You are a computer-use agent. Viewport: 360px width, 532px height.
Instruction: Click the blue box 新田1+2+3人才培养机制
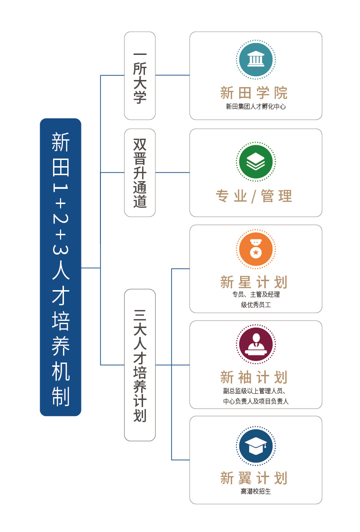click(x=61, y=267)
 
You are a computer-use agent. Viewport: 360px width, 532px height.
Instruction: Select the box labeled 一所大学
click(x=140, y=76)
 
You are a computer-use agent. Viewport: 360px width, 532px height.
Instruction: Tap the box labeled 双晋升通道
click(x=140, y=173)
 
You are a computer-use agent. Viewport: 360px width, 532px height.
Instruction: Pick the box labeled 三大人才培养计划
click(x=140, y=365)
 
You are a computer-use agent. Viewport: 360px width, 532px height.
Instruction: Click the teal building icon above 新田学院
click(x=256, y=60)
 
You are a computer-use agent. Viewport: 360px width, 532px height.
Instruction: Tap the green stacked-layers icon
click(x=256, y=161)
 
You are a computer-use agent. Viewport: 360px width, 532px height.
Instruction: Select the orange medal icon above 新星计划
click(x=256, y=249)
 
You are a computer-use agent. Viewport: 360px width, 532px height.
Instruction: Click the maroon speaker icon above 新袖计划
click(x=256, y=344)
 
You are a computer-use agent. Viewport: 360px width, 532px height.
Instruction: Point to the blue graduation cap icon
click(x=256, y=445)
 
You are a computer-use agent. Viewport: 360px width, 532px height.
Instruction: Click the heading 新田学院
click(x=254, y=92)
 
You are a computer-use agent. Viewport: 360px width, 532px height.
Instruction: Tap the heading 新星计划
click(x=254, y=282)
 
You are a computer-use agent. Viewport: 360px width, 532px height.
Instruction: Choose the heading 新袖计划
click(x=254, y=377)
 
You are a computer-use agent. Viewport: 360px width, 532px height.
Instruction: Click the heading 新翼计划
click(x=254, y=478)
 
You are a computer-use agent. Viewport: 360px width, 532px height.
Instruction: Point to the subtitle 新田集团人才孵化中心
click(x=256, y=107)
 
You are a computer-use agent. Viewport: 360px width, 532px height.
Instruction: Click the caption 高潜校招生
click(x=256, y=492)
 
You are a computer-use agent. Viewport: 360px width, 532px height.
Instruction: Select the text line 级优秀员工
click(x=256, y=305)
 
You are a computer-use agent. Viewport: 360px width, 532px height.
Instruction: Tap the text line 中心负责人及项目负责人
click(x=256, y=401)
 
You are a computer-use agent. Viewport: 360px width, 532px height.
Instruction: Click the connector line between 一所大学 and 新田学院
click(x=172, y=75)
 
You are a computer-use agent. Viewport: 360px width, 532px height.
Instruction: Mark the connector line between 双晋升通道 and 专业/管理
click(x=172, y=172)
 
